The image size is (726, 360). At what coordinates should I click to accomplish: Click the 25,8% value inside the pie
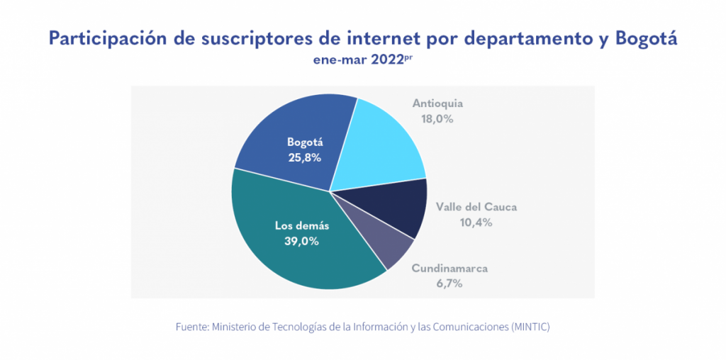[x=304, y=157]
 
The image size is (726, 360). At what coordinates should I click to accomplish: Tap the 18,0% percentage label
[x=437, y=119]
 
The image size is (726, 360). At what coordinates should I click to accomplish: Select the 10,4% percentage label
[x=476, y=223]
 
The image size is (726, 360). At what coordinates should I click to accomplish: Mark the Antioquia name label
[x=437, y=103]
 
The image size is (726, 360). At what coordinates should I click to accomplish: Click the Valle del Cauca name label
[x=476, y=207]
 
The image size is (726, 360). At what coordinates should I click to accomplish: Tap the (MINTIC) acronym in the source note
[x=527, y=327]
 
